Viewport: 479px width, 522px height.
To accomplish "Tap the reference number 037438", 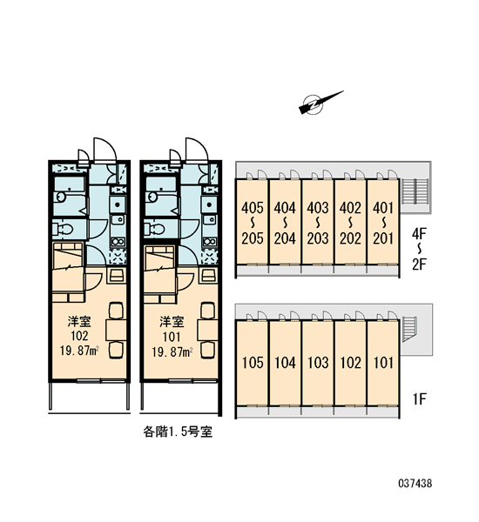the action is [x=415, y=483].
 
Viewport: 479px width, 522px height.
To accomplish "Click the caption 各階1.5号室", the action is [x=178, y=432].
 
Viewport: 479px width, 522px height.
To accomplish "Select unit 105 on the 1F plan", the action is [x=252, y=363].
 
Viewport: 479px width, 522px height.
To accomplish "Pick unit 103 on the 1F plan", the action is [x=318, y=363].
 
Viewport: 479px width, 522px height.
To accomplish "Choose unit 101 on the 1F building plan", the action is [x=383, y=363].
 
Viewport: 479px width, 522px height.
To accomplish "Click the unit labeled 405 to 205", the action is [x=252, y=222].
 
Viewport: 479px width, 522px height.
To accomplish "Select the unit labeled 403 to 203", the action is [x=318, y=222].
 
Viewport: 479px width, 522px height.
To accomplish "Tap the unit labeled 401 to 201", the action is [x=383, y=222].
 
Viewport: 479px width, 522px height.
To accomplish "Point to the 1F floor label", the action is [x=419, y=398].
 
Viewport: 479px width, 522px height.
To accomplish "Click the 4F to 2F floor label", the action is [x=419, y=249].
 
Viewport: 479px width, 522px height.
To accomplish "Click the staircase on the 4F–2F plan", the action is [x=415, y=191].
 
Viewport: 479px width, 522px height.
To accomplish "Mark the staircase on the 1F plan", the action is [x=409, y=329].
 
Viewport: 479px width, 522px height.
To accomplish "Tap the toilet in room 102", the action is [x=63, y=230].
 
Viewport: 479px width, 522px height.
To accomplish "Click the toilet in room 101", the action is [x=155, y=230].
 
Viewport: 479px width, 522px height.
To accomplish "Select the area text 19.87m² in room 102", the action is [x=79, y=351].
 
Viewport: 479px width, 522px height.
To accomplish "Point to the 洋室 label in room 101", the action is [x=172, y=322].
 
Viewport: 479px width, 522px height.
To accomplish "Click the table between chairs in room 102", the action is [x=116, y=330].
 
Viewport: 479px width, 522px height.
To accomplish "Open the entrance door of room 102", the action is [x=105, y=150].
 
